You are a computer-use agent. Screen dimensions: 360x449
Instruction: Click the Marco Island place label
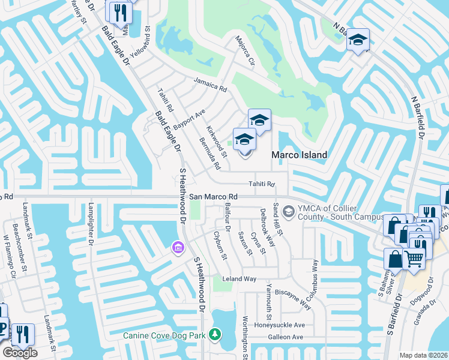(x=300, y=155)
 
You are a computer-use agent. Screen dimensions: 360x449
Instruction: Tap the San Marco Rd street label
(x=213, y=197)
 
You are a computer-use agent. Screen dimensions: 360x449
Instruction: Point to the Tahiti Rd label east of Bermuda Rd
(x=261, y=184)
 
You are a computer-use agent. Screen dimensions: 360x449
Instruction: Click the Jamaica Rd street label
(x=209, y=85)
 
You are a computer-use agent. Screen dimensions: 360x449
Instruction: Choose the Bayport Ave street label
(x=189, y=120)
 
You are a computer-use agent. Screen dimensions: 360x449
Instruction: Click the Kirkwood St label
(x=217, y=142)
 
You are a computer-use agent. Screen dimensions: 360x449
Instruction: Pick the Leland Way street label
(x=240, y=279)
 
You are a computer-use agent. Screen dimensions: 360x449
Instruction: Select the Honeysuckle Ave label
(x=279, y=325)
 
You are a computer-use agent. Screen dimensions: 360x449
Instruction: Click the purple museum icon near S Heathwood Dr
(x=177, y=247)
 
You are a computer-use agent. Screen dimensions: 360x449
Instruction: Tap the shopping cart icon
(x=414, y=259)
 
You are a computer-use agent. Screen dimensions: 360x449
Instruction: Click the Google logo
(x=20, y=353)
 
